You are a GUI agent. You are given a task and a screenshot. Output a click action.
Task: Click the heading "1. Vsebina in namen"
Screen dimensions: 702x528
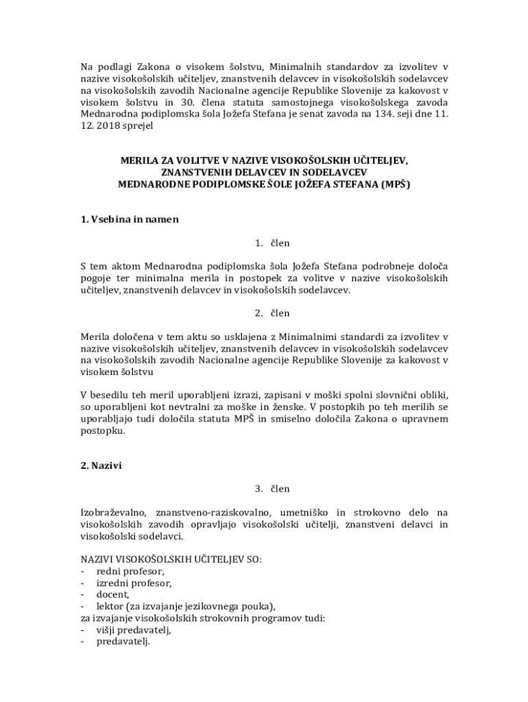point(130,219)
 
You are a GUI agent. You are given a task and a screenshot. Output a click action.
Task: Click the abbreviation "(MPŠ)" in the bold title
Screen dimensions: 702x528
point(394,184)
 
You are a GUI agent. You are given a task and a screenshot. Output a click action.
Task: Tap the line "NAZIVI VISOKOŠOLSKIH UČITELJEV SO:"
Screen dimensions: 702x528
point(171,559)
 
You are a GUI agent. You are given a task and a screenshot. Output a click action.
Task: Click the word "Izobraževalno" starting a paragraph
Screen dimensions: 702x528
point(113,512)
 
